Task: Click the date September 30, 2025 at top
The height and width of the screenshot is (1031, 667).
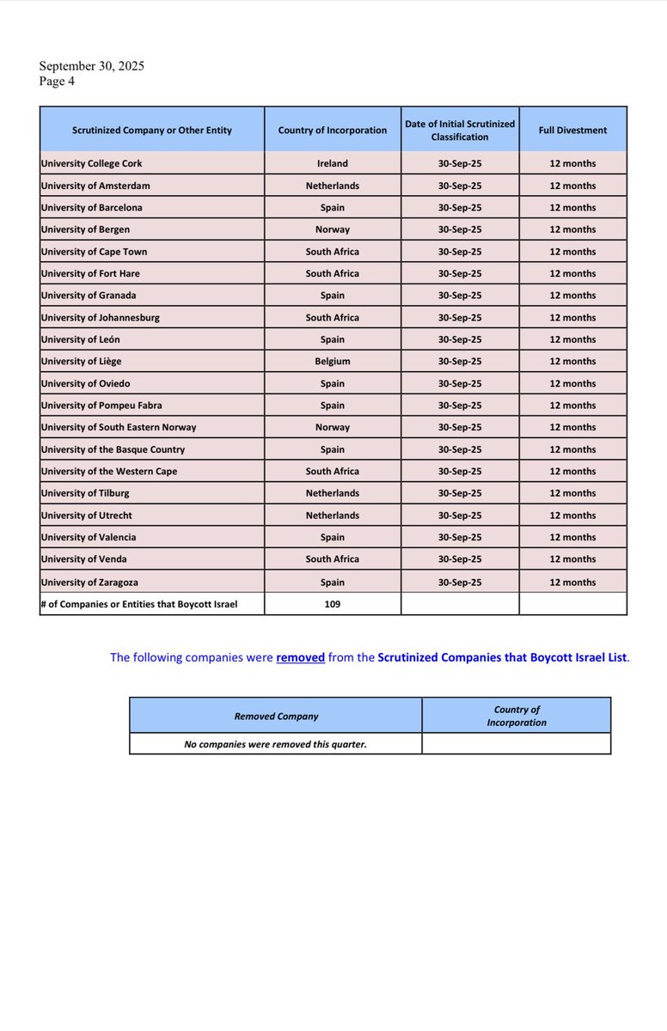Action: click(x=92, y=66)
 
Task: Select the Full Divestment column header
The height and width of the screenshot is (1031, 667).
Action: click(x=572, y=131)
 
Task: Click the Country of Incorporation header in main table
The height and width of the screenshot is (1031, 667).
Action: click(x=333, y=131)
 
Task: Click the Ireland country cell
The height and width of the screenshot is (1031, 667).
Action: click(x=333, y=163)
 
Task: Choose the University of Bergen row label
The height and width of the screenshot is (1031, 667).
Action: click(x=85, y=229)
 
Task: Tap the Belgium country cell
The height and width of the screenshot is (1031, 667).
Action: click(x=333, y=362)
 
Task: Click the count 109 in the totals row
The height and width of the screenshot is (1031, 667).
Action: click(x=333, y=604)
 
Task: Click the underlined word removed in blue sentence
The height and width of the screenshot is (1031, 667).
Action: click(x=300, y=657)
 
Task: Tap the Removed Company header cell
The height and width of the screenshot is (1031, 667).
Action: click(x=276, y=716)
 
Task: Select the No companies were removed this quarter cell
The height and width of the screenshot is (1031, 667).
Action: click(x=276, y=744)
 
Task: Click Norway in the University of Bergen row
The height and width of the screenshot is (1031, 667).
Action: click(x=333, y=229)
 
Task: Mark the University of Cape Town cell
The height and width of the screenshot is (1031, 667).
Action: click(x=94, y=252)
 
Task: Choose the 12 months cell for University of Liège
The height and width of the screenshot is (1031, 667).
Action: click(x=572, y=362)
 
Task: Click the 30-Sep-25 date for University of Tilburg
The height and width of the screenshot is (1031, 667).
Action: click(x=460, y=493)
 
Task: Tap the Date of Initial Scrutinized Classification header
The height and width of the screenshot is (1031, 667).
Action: click(x=460, y=131)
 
